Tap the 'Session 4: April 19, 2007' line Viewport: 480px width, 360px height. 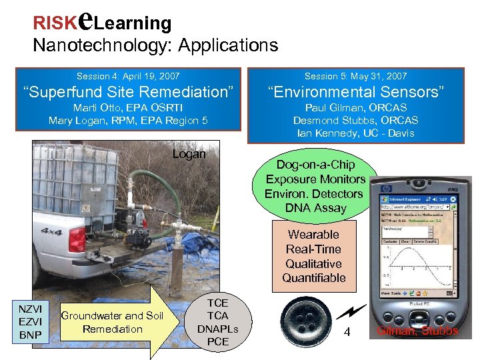(x=127, y=77)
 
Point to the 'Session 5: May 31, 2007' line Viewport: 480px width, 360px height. (x=355, y=77)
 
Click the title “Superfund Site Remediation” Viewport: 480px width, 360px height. (x=128, y=91)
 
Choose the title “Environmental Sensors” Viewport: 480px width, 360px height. (x=355, y=91)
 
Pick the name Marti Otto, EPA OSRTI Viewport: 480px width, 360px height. (x=128, y=107)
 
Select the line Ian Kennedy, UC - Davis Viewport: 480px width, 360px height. (x=355, y=133)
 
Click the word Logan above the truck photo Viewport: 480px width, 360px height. (x=189, y=155)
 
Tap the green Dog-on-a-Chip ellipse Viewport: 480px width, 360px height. (x=315, y=187)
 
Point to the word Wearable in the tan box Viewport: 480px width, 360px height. (x=313, y=235)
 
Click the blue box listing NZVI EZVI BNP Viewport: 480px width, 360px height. (x=31, y=323)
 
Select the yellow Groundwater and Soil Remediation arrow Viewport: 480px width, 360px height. (x=120, y=323)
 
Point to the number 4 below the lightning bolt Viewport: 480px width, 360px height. (x=347, y=333)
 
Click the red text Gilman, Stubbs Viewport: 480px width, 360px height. (x=418, y=331)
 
